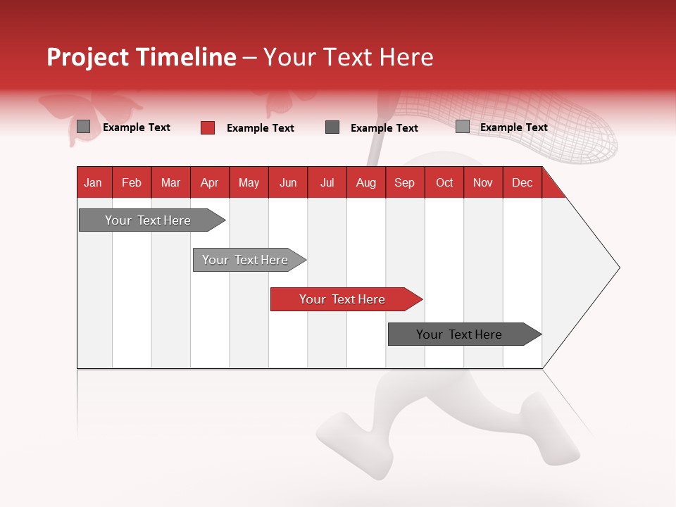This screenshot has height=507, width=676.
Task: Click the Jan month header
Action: pos(93,182)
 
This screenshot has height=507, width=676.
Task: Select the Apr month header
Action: pos(209,182)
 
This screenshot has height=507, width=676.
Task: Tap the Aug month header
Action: pos(365,182)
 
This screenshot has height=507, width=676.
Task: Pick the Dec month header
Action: pos(522,182)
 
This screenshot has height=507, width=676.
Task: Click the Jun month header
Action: pos(287,182)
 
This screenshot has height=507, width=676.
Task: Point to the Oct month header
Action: pos(444,182)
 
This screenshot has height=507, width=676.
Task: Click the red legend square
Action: pos(208,127)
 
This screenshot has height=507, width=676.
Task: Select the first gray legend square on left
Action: pos(83,127)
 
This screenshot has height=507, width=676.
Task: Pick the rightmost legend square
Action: pos(462,127)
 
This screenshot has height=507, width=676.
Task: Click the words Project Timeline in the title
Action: pos(141,57)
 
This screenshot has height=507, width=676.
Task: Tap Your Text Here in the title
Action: pos(348,57)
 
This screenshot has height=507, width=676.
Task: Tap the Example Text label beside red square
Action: pos(260,128)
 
